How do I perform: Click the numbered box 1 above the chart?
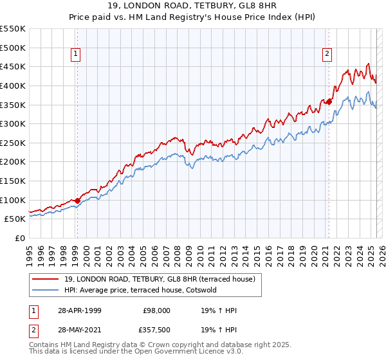tap(76, 54)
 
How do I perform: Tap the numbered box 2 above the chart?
tap(327, 54)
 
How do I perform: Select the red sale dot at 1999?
tap(77, 201)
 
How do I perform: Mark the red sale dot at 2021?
tap(329, 102)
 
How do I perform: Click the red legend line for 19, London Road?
tap(46, 279)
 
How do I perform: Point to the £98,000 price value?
tap(156, 310)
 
